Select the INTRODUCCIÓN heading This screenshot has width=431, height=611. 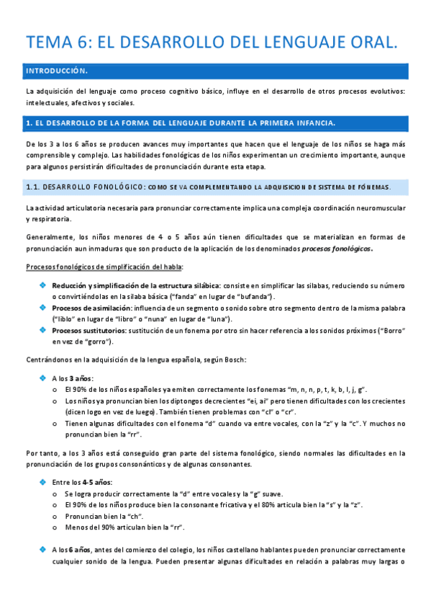tap(57, 71)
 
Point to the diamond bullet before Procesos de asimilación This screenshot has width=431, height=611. tap(43, 308)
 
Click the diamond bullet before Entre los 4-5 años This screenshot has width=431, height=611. tap(43, 482)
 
